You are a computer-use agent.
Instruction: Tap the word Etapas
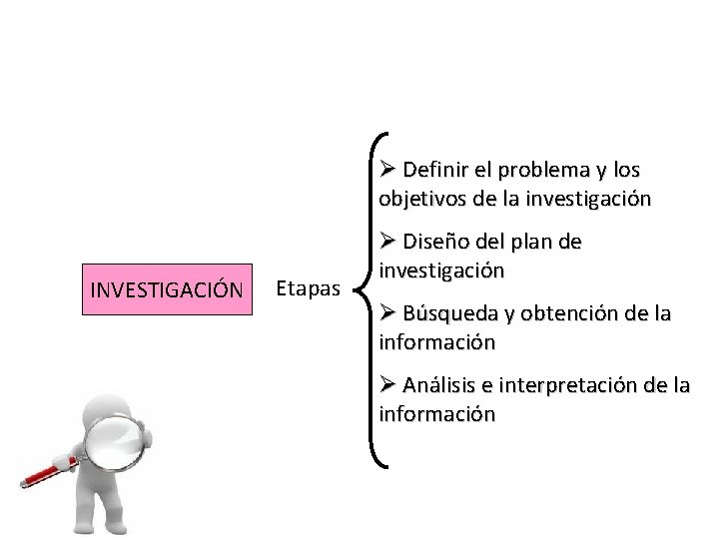(x=308, y=289)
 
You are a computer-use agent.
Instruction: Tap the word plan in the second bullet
(x=540, y=242)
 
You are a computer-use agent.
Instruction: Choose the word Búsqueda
(x=449, y=313)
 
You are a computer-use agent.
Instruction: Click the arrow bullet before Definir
(x=388, y=169)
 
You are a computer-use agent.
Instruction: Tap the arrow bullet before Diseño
(x=388, y=242)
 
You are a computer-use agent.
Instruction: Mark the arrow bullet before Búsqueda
(x=388, y=313)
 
